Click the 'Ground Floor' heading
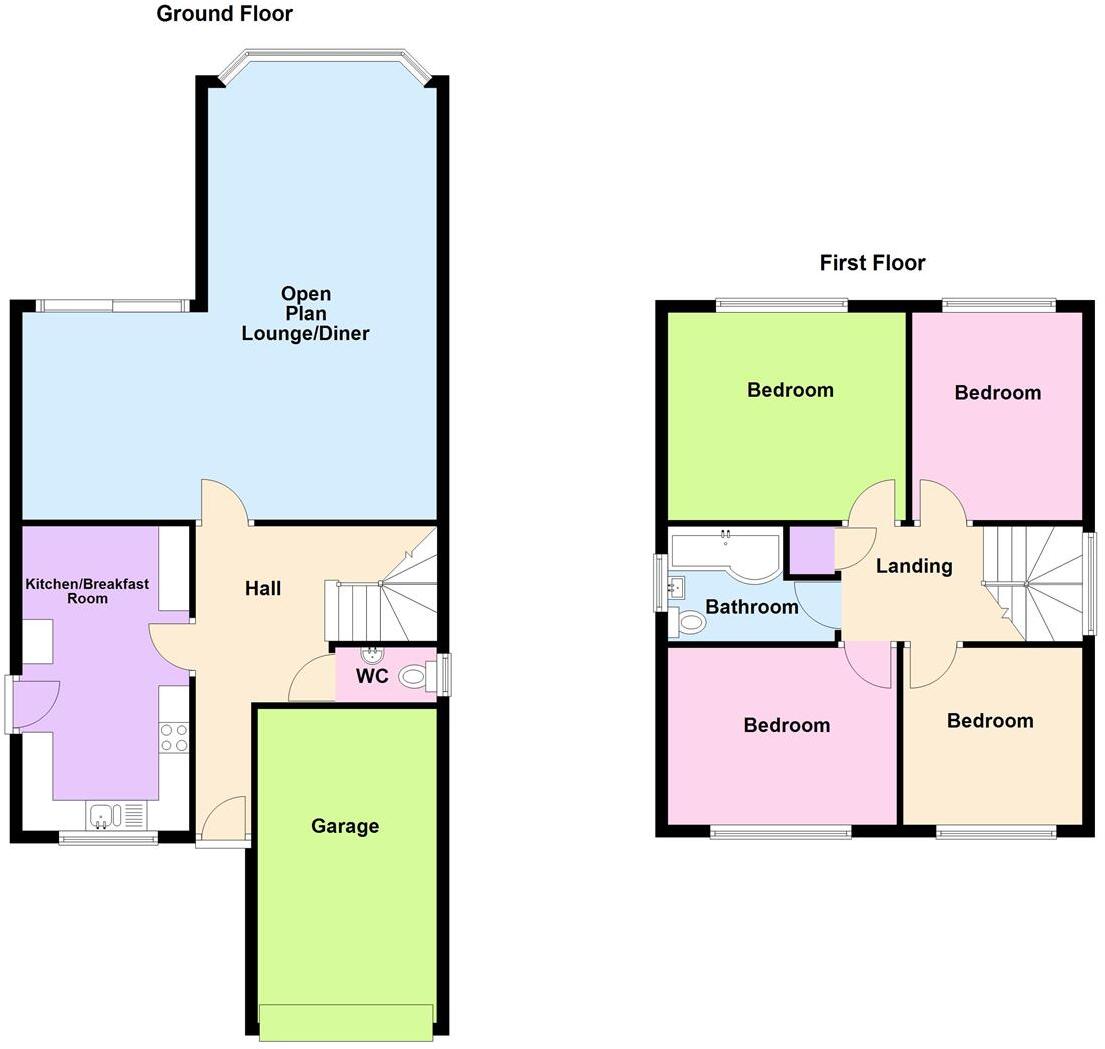pos(224,14)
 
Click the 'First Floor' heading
pos(872,263)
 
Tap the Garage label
pos(345,826)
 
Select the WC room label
pos(372,676)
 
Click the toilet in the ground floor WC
pos(414,677)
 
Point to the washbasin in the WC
pos(370,655)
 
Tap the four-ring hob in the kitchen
pos(174,737)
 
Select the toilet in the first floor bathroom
pos(688,623)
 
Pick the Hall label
pos(263,589)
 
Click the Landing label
pos(914,566)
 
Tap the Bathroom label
pos(752,606)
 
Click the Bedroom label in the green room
pos(790,390)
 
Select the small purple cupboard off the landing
pos(811,550)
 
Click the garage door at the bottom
pos(346,1021)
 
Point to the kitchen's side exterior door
pos(34,705)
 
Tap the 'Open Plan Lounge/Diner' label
pos(305,314)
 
